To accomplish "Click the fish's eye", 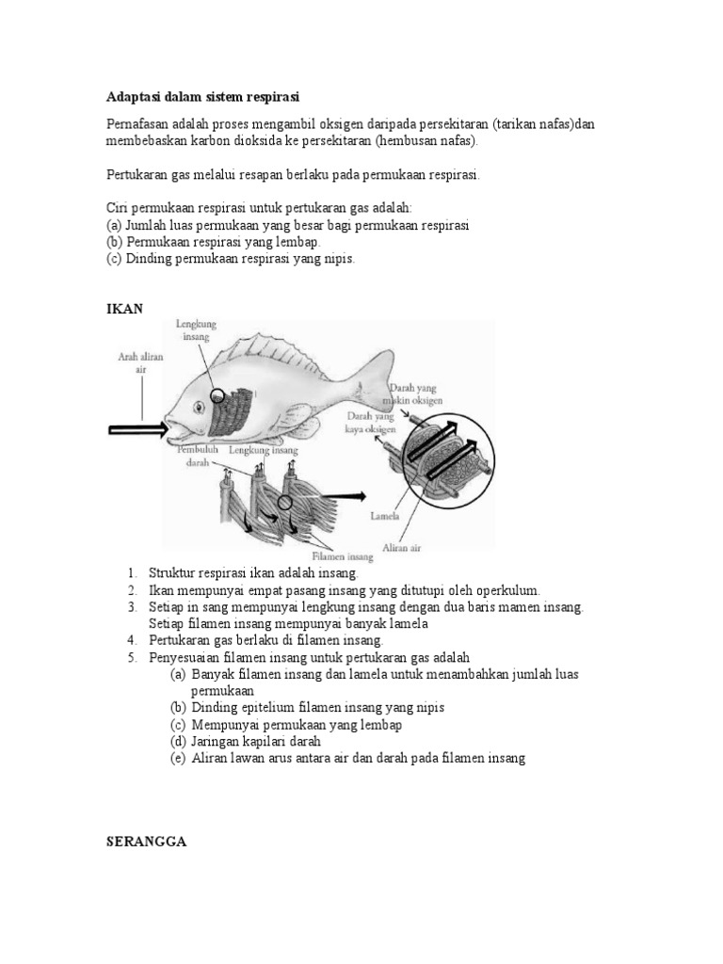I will coord(200,407).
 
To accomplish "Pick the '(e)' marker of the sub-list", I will coord(178,758).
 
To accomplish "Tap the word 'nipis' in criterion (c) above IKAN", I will coord(335,259).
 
